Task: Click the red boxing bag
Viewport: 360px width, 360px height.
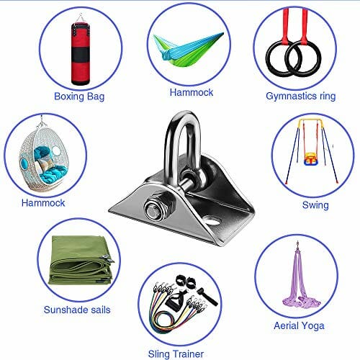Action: tap(81, 53)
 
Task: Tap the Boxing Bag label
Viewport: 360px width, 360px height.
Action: tap(79, 96)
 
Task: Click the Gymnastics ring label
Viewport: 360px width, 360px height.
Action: tap(300, 96)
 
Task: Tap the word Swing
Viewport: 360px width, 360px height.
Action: tap(315, 205)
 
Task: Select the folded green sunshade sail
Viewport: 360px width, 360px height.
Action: tap(81, 260)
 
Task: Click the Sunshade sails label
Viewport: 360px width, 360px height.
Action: tap(77, 310)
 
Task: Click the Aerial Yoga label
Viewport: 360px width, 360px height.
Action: tap(299, 326)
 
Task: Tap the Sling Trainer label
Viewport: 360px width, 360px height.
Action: tap(176, 354)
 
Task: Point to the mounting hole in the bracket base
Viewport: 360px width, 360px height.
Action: tap(212, 220)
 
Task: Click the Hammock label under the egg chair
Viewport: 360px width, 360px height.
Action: tap(43, 203)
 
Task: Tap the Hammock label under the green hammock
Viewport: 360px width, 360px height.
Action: tap(192, 92)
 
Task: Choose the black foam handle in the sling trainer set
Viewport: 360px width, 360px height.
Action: tap(207, 297)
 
